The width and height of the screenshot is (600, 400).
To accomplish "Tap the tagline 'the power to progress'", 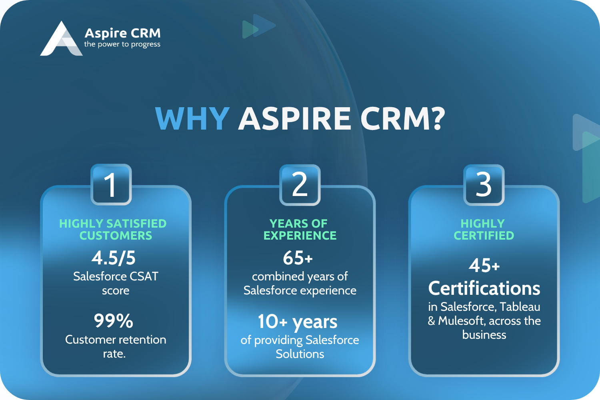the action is (x=122, y=44).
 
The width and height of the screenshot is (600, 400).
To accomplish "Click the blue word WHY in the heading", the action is (x=192, y=118).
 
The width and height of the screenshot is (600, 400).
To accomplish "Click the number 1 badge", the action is (x=111, y=184).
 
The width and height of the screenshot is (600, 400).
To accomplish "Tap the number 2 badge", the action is (x=300, y=184).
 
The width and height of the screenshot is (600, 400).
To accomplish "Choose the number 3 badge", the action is (x=484, y=184).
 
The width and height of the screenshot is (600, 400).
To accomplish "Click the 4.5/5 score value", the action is (x=114, y=258).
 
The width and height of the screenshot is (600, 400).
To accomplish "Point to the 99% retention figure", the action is (x=113, y=321).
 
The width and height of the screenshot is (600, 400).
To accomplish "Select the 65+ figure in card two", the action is (x=298, y=258).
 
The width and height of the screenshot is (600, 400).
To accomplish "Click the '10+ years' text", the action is (x=298, y=322).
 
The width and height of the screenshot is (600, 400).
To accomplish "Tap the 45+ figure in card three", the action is (x=484, y=266).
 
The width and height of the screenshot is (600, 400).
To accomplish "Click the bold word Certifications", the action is (x=484, y=288).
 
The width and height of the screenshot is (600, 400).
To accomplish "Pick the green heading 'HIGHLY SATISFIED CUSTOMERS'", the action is (x=113, y=230).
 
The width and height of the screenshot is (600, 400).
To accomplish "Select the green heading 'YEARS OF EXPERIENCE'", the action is (x=300, y=230).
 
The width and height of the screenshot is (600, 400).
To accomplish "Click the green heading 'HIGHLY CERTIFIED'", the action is (x=484, y=230).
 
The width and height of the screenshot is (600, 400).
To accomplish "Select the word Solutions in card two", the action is (x=300, y=354).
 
